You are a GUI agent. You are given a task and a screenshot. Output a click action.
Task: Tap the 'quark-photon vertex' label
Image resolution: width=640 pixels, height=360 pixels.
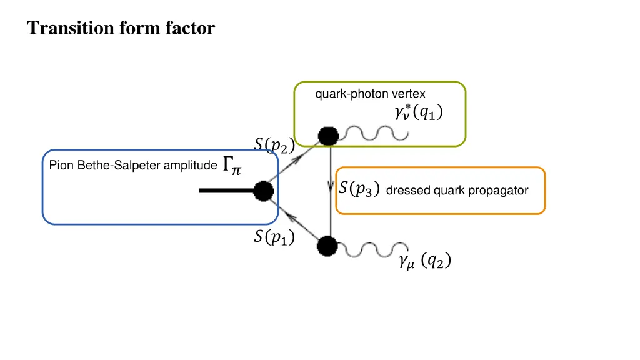pyautogui.click(x=370, y=94)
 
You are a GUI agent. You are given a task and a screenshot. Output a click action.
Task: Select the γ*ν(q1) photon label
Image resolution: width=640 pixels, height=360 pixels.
pyautogui.click(x=418, y=112)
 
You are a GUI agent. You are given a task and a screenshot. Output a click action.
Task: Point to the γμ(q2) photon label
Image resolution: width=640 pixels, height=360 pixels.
pyautogui.click(x=424, y=262)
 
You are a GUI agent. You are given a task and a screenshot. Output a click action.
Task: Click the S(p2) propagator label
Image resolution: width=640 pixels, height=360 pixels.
pyautogui.click(x=274, y=145)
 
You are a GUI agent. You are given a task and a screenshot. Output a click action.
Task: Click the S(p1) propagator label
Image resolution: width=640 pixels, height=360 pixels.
pyautogui.click(x=274, y=237)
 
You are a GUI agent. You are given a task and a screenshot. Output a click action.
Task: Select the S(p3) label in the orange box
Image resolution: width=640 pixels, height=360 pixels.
pyautogui.click(x=358, y=189)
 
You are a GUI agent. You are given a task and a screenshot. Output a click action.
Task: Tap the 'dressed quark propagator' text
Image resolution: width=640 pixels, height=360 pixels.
pyautogui.click(x=457, y=191)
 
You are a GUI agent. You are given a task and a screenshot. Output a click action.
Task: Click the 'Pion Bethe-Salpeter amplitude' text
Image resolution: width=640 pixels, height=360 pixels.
pyautogui.click(x=133, y=166)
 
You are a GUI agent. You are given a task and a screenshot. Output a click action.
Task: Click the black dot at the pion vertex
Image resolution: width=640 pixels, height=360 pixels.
pyautogui.click(x=264, y=191)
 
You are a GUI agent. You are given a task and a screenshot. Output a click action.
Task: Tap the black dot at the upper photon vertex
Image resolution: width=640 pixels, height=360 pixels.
pyautogui.click(x=328, y=136)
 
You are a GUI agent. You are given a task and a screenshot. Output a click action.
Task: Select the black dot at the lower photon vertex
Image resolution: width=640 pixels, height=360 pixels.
pyautogui.click(x=327, y=246)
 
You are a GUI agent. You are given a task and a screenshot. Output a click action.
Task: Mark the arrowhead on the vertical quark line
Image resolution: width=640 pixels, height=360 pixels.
pyautogui.click(x=331, y=187)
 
